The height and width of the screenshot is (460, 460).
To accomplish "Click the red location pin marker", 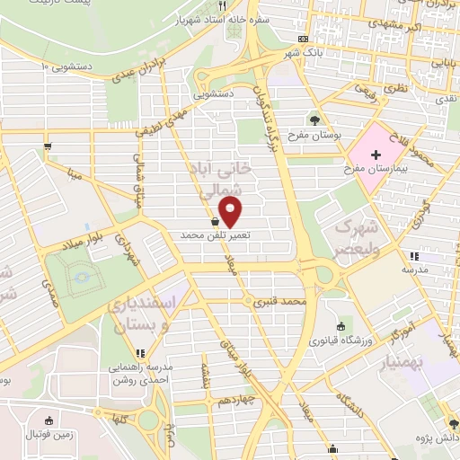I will (231, 212).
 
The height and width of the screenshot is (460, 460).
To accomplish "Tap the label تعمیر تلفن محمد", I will (215, 234).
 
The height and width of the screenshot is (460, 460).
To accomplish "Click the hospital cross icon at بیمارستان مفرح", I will (375, 155).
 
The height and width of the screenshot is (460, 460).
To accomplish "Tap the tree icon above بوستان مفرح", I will (314, 119).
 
